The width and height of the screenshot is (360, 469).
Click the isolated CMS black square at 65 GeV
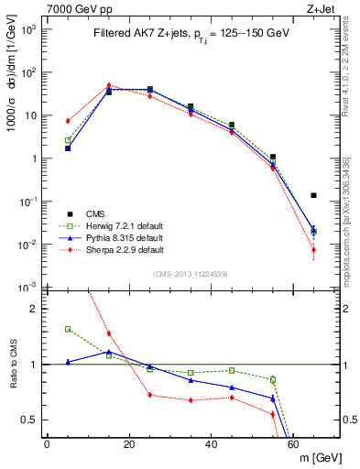(x=314, y=195)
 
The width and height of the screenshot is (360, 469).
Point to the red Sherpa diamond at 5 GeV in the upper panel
(x=68, y=121)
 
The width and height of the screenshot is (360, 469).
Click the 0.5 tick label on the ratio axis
(x=29, y=420)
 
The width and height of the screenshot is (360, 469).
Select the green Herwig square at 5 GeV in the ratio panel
(x=68, y=329)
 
